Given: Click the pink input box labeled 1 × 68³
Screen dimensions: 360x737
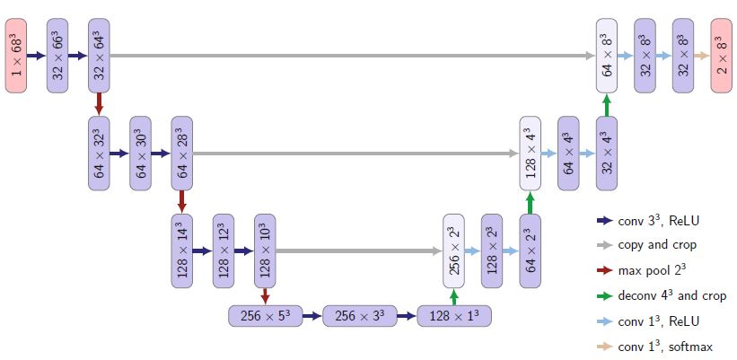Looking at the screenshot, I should point(17,55).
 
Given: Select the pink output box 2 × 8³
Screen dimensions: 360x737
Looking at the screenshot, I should point(723,55).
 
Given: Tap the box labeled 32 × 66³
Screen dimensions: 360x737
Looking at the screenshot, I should point(58,55).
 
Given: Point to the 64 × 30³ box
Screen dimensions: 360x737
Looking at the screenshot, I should point(142,153).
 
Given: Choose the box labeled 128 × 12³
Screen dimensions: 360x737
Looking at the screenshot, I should point(224,251).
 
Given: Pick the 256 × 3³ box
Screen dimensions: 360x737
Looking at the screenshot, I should point(359,316).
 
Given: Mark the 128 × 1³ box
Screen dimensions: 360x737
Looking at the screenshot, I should point(454,316).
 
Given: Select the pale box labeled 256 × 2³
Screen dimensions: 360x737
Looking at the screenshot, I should point(454,251).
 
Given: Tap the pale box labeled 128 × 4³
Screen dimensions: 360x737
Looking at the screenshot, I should point(531,153).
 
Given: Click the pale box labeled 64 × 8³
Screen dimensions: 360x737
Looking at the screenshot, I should point(608,55).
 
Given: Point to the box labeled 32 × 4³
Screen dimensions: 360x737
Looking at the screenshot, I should point(608,153).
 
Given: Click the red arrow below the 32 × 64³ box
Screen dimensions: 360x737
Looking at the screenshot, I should point(100,103).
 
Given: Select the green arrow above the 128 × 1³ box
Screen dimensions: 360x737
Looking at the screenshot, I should point(454,297).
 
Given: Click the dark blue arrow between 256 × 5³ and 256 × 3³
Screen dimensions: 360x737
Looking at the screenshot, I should point(311,316).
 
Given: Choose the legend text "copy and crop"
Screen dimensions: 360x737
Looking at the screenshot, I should point(657,244).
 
